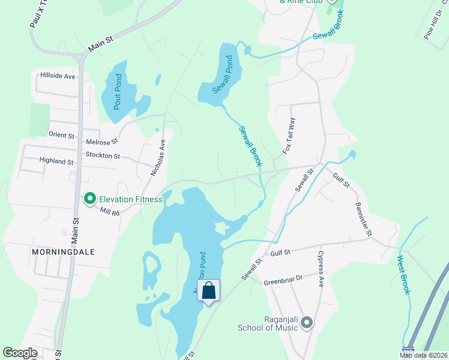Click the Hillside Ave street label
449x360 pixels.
coord(58,76)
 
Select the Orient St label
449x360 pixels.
coord(61,134)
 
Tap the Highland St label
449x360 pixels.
coord(56,161)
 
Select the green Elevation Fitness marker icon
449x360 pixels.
coord(89,198)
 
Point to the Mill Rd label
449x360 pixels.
coord(110,212)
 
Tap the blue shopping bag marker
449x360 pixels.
coord(208,291)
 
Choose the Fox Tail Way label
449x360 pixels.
coord(290,136)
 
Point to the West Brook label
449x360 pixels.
coord(403,275)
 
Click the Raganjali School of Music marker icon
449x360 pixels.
coord(307,323)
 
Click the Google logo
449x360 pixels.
coord(20,353)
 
